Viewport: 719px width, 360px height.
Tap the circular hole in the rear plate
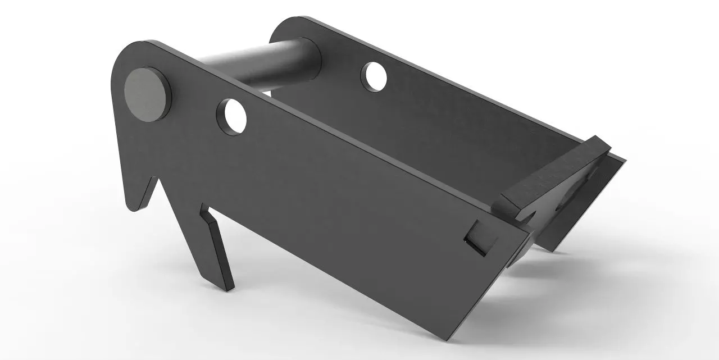tap(375, 77)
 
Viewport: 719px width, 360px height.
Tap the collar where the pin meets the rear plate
tap(312, 59)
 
